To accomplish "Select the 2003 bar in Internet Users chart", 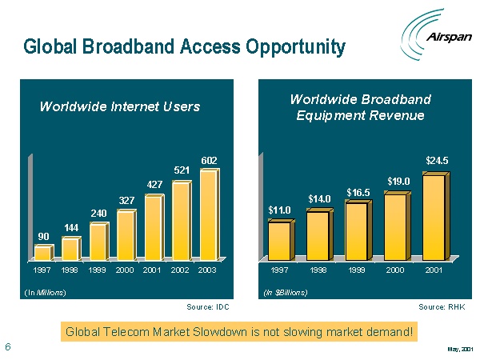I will click(208, 214).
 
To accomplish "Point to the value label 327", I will click(126, 199).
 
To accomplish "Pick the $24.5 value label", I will click(437, 161).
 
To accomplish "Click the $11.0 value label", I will click(279, 210).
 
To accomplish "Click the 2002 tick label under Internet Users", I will click(180, 271).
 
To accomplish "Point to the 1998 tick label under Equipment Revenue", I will click(318, 271).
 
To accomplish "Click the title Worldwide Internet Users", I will click(120, 106).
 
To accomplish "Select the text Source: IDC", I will click(208, 306).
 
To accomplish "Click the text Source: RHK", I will click(441, 306).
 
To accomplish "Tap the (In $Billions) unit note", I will click(285, 292).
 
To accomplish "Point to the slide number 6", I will click(7, 346).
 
